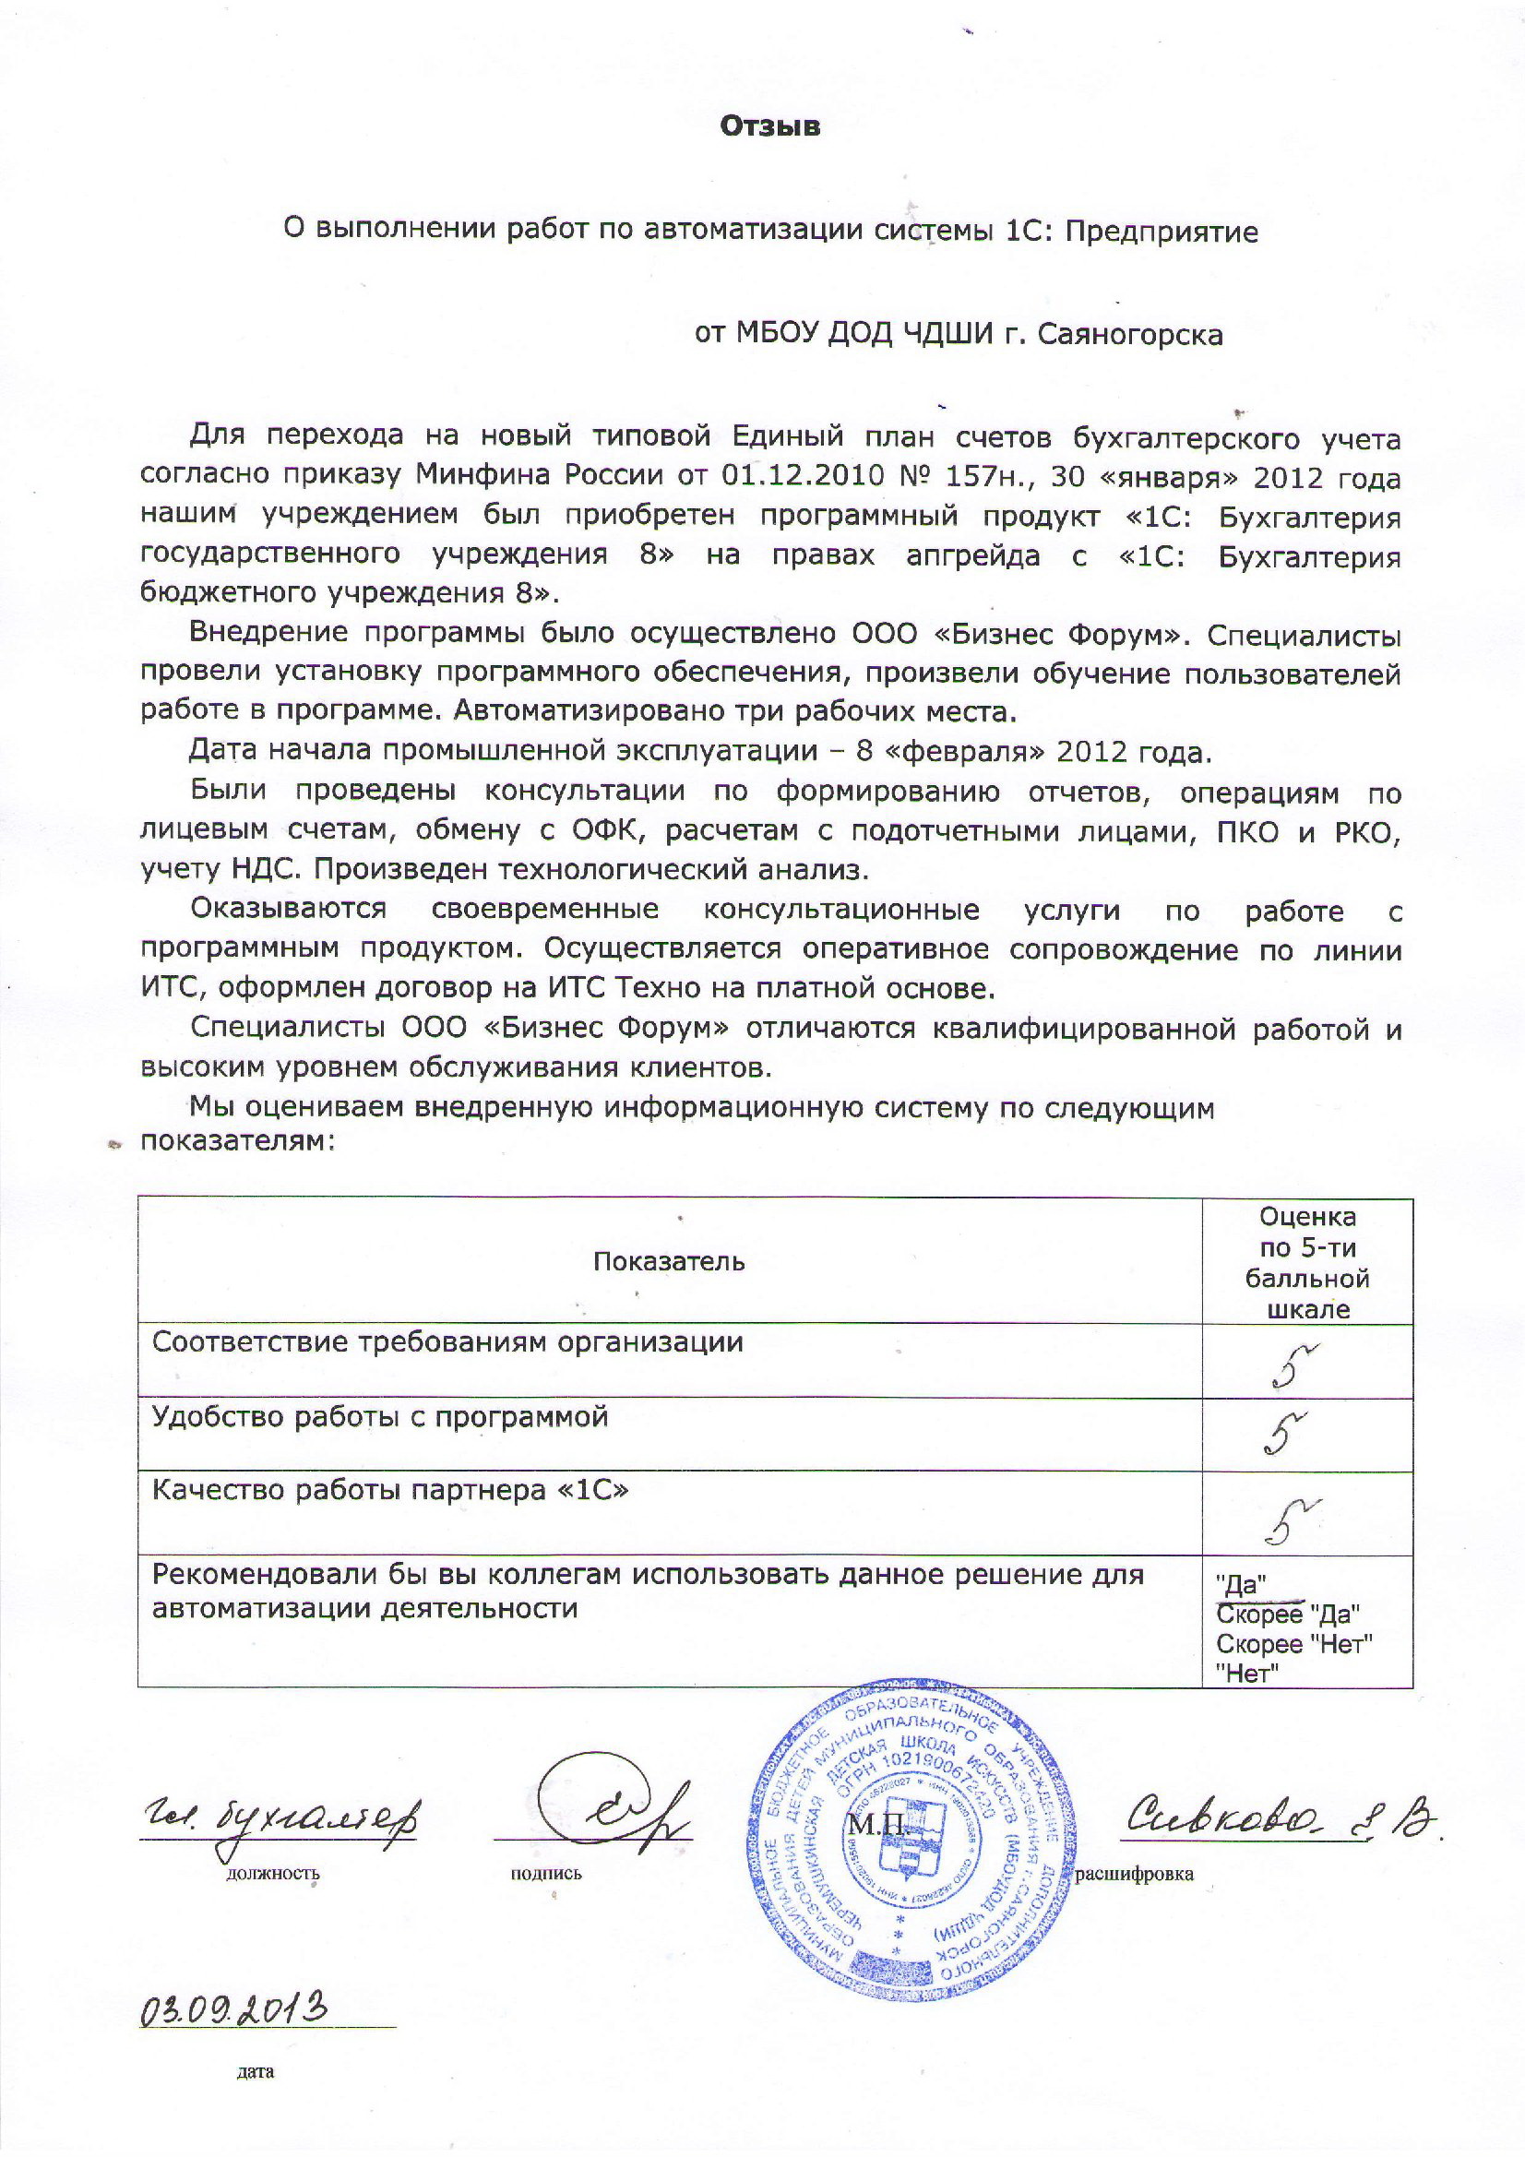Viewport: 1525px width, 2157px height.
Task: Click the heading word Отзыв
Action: coord(769,125)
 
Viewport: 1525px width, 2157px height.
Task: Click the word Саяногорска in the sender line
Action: coord(1130,336)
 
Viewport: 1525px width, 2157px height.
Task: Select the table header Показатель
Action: coord(668,1262)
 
